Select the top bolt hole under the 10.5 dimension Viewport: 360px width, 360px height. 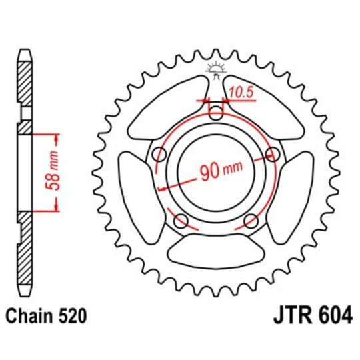tap(216, 114)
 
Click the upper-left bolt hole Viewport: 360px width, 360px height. tap(159, 155)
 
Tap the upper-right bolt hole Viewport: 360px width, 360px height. tap(272, 155)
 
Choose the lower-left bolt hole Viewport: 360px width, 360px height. tap(181, 221)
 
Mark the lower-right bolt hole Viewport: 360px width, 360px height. tap(251, 221)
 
